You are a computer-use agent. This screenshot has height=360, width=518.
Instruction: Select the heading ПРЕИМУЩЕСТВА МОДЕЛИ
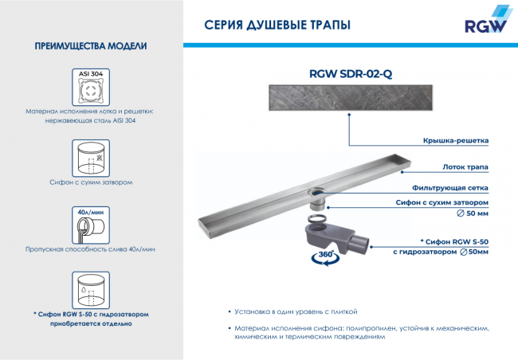(x=90, y=46)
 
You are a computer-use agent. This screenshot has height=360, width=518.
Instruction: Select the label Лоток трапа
(x=465, y=167)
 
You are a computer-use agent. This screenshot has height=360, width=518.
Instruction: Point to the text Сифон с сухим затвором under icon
(x=90, y=182)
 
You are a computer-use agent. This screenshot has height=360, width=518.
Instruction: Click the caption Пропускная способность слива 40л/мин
(x=90, y=249)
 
